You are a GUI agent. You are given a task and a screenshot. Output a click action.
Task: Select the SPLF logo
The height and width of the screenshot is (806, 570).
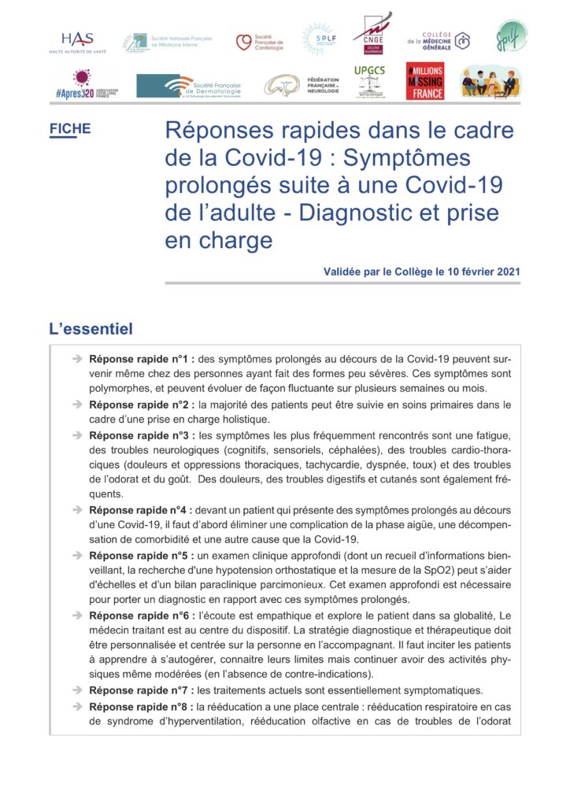[x=319, y=39]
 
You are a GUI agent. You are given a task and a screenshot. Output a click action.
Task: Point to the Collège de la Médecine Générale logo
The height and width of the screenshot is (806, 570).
[x=439, y=39]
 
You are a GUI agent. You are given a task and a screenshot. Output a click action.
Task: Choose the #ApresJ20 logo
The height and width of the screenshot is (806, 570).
[x=87, y=83]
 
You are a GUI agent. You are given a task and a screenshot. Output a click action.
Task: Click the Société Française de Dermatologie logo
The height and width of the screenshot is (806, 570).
[x=189, y=86]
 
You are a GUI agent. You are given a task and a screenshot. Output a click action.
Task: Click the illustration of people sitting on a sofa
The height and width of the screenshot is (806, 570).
[x=490, y=81]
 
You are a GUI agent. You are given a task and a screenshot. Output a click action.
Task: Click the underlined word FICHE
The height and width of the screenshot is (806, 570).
[x=70, y=129]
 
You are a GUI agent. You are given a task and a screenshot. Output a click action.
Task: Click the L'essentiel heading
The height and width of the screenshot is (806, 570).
[x=91, y=328]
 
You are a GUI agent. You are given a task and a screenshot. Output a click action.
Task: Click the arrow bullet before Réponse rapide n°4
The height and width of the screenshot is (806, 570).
[x=77, y=510]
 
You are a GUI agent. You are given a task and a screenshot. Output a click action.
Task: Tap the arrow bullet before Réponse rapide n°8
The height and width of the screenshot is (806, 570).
[x=77, y=706]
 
